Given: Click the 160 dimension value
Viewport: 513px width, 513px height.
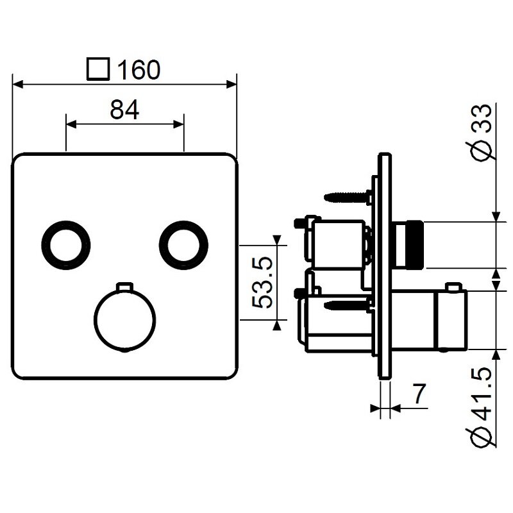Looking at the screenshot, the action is tap(139, 70).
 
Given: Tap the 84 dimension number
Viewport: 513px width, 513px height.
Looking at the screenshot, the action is tap(124, 110).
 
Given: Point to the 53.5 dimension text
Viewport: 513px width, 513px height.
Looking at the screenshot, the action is tap(262, 282).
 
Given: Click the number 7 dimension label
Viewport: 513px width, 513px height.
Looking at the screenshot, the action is tap(419, 394).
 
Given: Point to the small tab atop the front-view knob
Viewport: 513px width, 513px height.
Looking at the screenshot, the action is tap(125, 286).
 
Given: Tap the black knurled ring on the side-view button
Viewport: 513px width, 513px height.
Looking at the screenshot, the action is tap(415, 244).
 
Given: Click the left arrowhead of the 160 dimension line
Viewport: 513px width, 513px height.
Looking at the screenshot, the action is tap(18, 85).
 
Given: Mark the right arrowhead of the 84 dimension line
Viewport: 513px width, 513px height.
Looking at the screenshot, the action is tap(179, 124).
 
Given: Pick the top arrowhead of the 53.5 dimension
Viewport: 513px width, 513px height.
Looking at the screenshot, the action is tap(277, 240).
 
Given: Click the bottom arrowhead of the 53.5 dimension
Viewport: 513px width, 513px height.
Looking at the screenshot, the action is tap(277, 325).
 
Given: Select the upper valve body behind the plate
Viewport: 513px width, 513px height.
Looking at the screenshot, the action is tap(338, 244).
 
